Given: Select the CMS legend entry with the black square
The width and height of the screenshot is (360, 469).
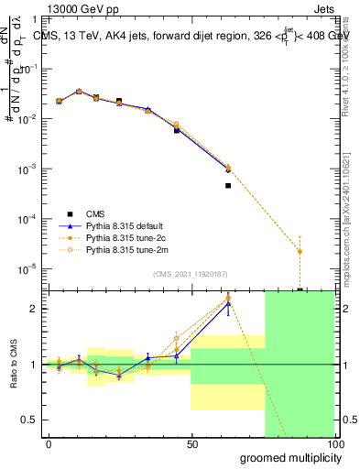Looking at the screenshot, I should click(x=87, y=213).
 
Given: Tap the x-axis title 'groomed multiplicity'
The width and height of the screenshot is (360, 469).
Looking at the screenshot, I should click(x=286, y=457).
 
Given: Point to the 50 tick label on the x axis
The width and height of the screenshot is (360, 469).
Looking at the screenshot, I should click(x=191, y=444).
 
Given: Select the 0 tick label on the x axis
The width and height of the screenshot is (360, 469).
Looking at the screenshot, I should click(x=49, y=444).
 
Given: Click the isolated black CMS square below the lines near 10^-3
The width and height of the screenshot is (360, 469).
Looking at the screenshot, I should click(x=228, y=185).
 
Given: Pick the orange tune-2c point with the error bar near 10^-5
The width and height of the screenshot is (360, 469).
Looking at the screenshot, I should click(x=300, y=251).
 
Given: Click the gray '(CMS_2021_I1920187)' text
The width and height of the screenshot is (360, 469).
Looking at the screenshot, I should click(x=191, y=273).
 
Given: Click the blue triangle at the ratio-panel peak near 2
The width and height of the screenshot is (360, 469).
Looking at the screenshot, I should click(x=228, y=302).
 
